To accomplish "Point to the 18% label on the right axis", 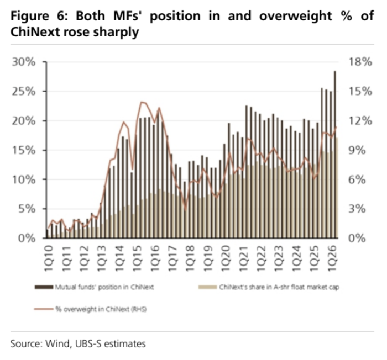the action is [x=360, y=62].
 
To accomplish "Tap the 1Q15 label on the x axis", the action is [x=137, y=258].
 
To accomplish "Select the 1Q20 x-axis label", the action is [x=226, y=258].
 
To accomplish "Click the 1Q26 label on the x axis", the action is [x=332, y=258].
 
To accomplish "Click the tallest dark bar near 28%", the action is [x=335, y=155].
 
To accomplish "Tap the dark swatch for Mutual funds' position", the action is [x=44, y=287].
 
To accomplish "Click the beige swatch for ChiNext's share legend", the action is [x=207, y=287].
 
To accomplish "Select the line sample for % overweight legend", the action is [x=44, y=309].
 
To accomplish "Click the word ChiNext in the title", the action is [x=34, y=32].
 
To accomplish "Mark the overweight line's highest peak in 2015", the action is [x=142, y=102].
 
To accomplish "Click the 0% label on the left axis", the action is [x=27, y=239].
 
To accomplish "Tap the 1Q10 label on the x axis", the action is [x=49, y=258].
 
